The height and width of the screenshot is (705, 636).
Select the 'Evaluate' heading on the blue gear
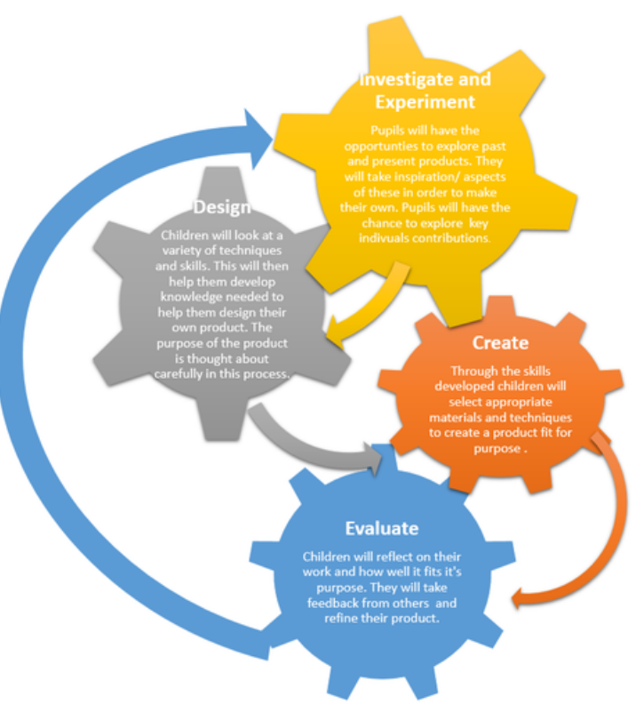point(382,528)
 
